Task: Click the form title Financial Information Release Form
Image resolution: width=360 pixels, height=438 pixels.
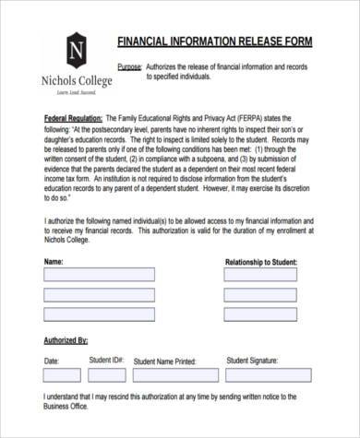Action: click(215, 43)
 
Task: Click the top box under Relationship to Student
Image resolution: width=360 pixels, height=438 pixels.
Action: click(260, 275)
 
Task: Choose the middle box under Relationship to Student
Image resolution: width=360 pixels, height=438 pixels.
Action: click(260, 295)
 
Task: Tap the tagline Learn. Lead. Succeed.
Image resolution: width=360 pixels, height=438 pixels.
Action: click(77, 94)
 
